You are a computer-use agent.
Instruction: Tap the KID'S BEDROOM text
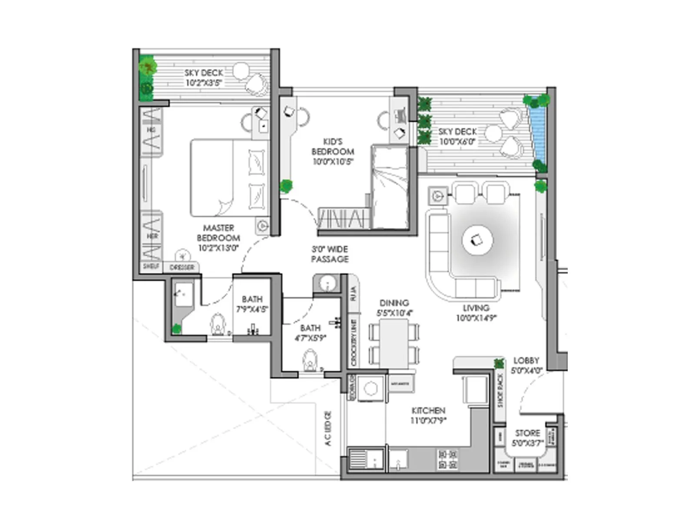click(333, 147)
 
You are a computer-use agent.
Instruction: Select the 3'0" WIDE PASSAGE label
click(330, 254)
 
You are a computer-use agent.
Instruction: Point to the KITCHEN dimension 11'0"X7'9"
click(428, 420)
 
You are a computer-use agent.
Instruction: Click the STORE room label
click(527, 433)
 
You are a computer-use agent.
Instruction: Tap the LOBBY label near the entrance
click(526, 361)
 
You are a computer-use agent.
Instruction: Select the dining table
click(394, 343)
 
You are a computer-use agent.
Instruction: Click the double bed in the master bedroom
click(229, 178)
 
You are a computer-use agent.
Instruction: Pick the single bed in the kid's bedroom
click(390, 188)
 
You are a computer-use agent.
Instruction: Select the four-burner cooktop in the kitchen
click(448, 460)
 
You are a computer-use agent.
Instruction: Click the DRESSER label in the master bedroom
click(182, 267)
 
